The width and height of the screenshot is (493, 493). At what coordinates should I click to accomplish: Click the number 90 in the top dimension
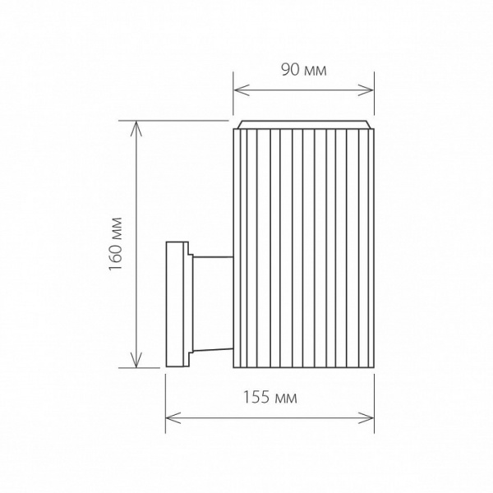(x=290, y=70)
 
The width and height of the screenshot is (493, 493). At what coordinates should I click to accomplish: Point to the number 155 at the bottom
(x=256, y=398)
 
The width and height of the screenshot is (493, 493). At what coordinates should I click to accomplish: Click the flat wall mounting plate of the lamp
(x=175, y=304)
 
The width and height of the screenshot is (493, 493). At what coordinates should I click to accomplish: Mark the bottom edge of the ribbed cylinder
(x=304, y=367)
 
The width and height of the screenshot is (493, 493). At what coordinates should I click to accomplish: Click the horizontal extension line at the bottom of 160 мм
(x=148, y=368)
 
